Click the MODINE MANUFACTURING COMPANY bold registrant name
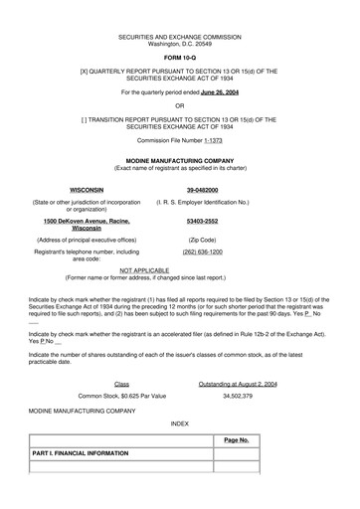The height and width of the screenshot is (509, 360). click(x=180, y=159)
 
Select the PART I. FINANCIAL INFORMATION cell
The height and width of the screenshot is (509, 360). click(x=81, y=453)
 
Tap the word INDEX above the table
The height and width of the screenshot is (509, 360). click(x=179, y=424)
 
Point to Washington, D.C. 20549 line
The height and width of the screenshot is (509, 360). click(x=179, y=44)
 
